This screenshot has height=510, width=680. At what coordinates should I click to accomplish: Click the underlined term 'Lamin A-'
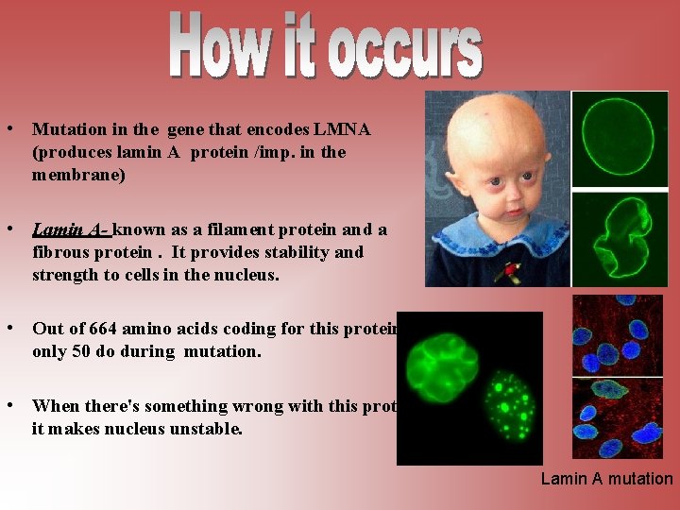[71, 229]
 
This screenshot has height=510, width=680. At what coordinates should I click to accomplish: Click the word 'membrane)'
[78, 175]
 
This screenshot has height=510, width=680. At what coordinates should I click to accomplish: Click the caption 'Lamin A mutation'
[606, 479]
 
